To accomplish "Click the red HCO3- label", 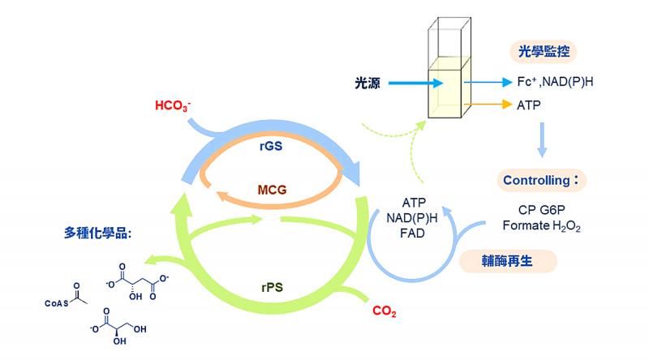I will [x=172, y=106].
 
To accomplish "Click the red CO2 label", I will [x=384, y=311].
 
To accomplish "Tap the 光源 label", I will [x=367, y=82].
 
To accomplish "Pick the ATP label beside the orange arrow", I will [x=528, y=105].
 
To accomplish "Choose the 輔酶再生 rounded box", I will [x=508, y=260].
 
